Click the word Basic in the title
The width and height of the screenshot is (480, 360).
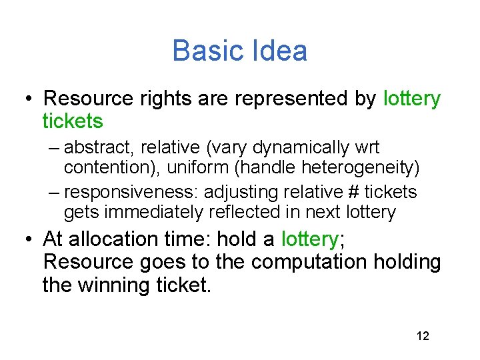(203, 51)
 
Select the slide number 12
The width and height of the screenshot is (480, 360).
(423, 335)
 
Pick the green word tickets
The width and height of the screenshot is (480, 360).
(73, 121)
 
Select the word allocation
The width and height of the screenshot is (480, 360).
(113, 239)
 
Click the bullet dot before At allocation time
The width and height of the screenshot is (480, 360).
(27, 239)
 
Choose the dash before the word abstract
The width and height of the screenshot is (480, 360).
(55, 147)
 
